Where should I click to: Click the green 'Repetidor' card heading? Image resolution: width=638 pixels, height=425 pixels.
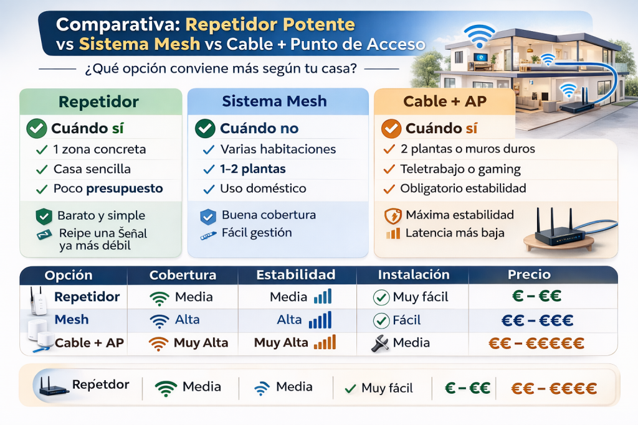(x=98, y=101)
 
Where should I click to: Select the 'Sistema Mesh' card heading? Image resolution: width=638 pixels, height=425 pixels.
(x=275, y=101)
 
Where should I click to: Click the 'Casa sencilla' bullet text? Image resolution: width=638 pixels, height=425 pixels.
(x=92, y=169)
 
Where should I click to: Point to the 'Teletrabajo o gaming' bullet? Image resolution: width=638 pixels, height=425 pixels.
(x=460, y=169)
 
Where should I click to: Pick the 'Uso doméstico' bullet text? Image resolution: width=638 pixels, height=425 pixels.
(x=263, y=189)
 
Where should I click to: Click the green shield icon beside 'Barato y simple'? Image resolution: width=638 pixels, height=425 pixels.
(x=43, y=217)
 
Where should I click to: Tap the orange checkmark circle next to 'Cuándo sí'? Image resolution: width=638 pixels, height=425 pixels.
(x=390, y=129)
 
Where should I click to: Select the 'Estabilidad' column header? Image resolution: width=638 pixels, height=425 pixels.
(x=296, y=274)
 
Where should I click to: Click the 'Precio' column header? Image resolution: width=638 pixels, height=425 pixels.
(x=529, y=274)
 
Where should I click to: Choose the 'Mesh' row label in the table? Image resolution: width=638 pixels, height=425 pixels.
(x=72, y=320)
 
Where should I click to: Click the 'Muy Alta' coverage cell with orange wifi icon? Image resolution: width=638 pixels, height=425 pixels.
(x=189, y=343)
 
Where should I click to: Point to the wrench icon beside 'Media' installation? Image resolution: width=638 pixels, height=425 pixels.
(x=380, y=343)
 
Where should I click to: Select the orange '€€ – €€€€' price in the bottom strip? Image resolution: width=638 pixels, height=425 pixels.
(x=554, y=389)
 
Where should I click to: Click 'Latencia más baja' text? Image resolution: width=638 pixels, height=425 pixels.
(x=455, y=233)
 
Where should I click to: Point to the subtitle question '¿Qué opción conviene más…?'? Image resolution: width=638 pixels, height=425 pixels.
(x=220, y=69)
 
